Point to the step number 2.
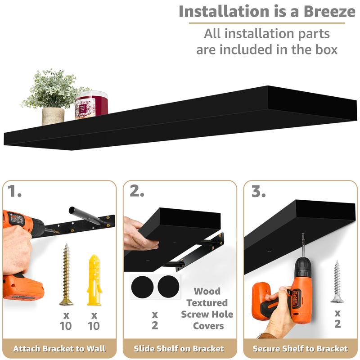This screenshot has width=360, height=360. (x=137, y=192)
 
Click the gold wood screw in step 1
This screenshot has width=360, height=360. (x=66, y=274)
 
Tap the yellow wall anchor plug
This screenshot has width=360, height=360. (x=93, y=279)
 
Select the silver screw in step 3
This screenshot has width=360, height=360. (x=337, y=282)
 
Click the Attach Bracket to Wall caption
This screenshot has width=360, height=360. (x=59, y=348)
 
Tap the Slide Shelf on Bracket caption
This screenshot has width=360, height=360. (x=179, y=348)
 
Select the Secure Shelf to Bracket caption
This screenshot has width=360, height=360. (x=300, y=348)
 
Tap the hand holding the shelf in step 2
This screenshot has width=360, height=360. (x=137, y=234)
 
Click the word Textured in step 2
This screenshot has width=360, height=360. (x=207, y=303)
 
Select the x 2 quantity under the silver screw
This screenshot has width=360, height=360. (x=337, y=318)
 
